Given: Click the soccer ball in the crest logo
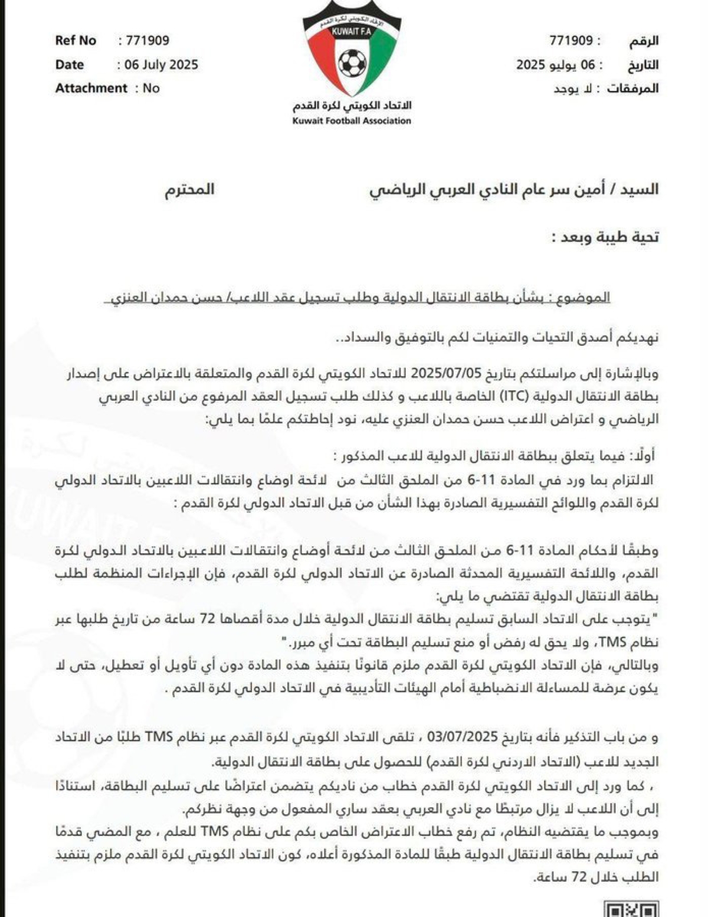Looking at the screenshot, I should point(352,63).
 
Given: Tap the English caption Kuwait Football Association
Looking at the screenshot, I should point(352,121).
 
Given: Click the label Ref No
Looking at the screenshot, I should point(76,41).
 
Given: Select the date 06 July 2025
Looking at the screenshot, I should point(161,65).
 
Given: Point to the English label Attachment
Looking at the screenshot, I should point(91,89).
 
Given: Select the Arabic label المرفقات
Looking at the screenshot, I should point(633,89).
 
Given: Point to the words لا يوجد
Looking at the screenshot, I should point(573,89).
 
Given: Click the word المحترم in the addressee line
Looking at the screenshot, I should point(189,190).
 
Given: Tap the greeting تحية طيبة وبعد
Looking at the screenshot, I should point(606,237).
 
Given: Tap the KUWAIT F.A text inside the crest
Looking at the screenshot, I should point(352,32).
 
